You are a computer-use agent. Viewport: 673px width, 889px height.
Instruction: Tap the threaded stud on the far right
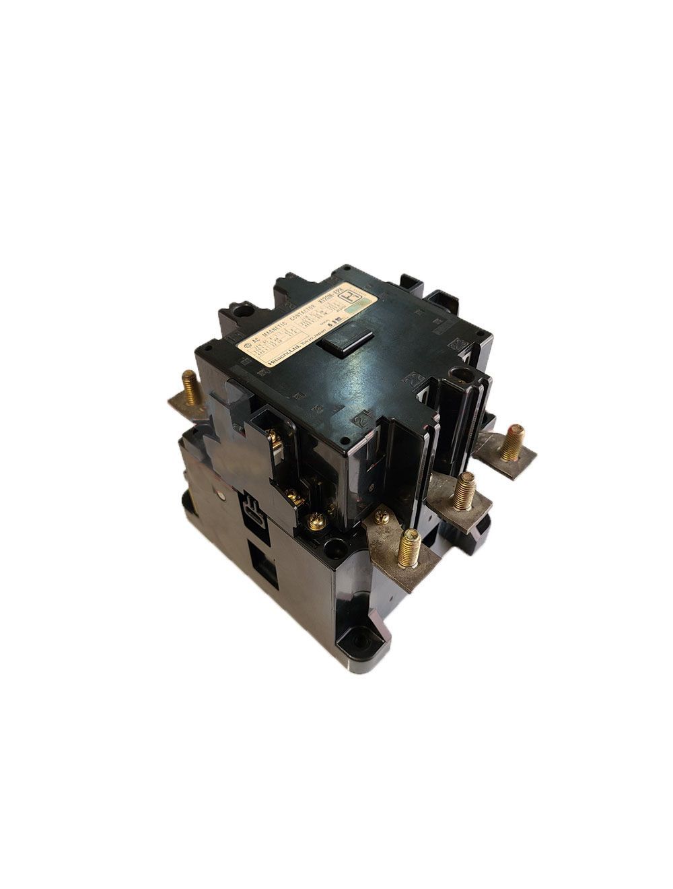(516, 441)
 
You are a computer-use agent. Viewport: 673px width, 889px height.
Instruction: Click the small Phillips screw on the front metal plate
(382, 517)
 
